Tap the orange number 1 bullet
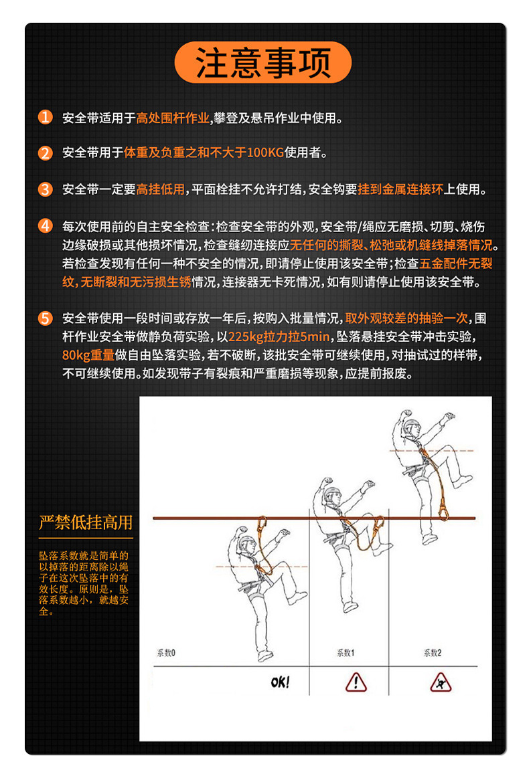(45, 118)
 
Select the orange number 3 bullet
(45, 189)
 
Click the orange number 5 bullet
(45, 318)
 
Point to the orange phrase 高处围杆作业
(173, 119)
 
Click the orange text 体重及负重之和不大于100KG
(204, 153)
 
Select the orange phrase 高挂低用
(160, 190)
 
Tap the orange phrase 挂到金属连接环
(400, 190)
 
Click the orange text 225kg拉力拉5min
(279, 336)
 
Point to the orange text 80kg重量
(88, 354)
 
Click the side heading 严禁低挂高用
(85, 522)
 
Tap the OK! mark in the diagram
(281, 682)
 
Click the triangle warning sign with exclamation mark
(356, 682)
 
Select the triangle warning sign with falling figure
(441, 682)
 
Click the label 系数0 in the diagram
(165, 652)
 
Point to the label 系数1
(346, 653)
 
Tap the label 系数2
(432, 653)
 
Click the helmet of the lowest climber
(248, 541)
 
